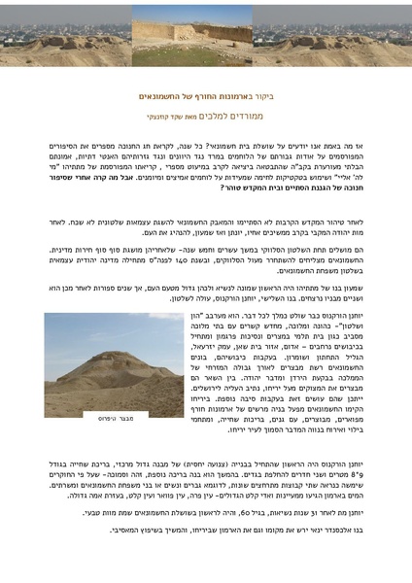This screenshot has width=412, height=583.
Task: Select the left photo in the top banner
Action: (x=66, y=37)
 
